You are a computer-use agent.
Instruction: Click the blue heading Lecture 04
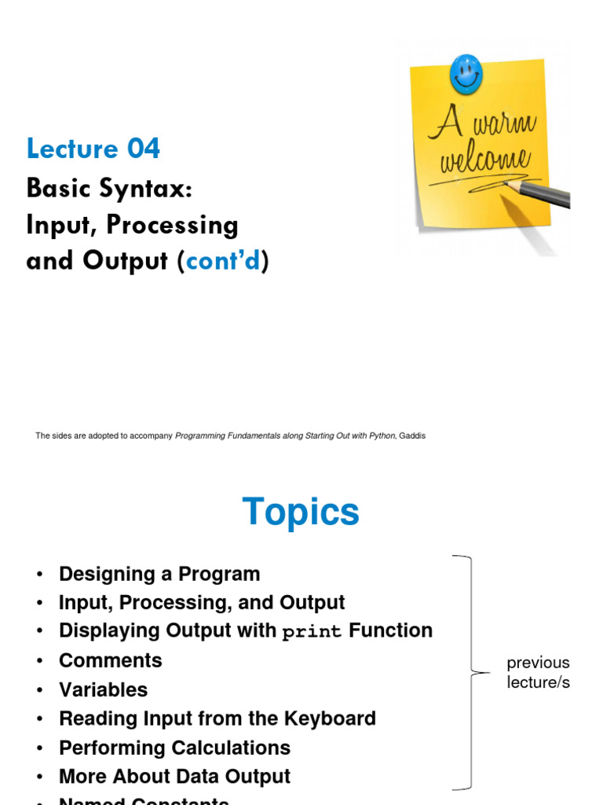[x=93, y=148]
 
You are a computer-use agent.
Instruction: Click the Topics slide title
[x=301, y=512]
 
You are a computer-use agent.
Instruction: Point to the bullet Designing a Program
[x=159, y=574]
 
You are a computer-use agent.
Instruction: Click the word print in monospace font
[x=312, y=632]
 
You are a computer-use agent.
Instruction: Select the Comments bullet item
[x=111, y=660]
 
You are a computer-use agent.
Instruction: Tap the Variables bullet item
[x=103, y=689]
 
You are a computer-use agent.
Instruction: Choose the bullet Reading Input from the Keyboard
[x=217, y=719]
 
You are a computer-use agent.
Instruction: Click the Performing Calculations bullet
[x=174, y=748]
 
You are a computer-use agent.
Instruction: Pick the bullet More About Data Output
[x=174, y=777]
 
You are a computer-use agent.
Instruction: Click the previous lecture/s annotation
[x=538, y=672]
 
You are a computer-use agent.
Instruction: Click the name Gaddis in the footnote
[x=412, y=436]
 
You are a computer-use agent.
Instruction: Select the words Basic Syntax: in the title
[x=108, y=188]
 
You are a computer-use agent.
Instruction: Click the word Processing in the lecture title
[x=172, y=225]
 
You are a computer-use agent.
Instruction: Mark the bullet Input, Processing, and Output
[x=202, y=603]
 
